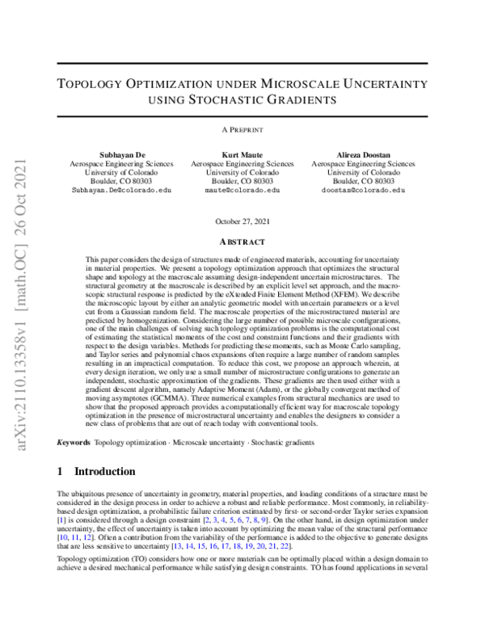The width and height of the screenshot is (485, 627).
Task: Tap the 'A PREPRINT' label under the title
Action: point(242,129)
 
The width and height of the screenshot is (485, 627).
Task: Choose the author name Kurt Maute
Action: point(242,154)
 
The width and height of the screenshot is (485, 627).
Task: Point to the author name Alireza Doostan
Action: point(364,154)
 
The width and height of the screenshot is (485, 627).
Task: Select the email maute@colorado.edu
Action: point(242,191)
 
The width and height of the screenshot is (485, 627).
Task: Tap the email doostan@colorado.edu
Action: point(364,191)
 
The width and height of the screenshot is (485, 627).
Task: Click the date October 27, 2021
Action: point(242,221)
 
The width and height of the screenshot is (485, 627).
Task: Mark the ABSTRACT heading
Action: point(242,242)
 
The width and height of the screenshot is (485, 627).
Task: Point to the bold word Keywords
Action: point(74,443)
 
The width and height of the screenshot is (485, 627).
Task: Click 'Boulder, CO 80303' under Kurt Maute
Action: point(242,181)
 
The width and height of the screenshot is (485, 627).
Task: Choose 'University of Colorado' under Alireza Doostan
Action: point(364,172)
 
